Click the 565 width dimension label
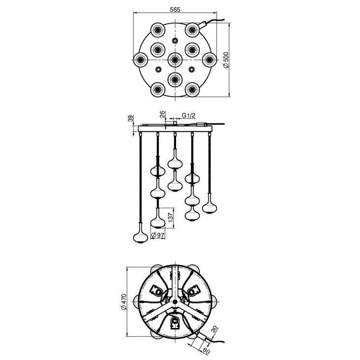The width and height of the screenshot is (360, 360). coord(175,10)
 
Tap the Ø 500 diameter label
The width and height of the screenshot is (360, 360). coord(226,60)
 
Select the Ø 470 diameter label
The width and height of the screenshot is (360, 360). coord(123,302)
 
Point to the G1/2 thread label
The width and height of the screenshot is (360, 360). coord(188,115)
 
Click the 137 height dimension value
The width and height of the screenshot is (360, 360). coord(170,217)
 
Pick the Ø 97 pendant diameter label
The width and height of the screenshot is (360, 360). coord(158,235)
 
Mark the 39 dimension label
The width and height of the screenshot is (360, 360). coord(130,119)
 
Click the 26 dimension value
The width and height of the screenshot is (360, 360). coord(162,114)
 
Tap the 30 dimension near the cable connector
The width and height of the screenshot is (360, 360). coord(214,329)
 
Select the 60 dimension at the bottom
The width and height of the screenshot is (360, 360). coord(206,351)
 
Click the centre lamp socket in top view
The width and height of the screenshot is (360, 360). coord(175,60)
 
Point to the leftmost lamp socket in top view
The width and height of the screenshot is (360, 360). coord(140,60)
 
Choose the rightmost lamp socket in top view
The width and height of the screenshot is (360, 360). coord(209,60)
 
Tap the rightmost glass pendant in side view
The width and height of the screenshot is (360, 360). coord(210,204)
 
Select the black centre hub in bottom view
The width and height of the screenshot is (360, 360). coord(175,302)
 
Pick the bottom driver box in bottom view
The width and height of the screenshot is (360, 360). coord(175,323)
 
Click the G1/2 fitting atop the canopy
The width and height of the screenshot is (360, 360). coord(175,123)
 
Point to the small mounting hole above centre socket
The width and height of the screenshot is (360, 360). coord(175,41)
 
